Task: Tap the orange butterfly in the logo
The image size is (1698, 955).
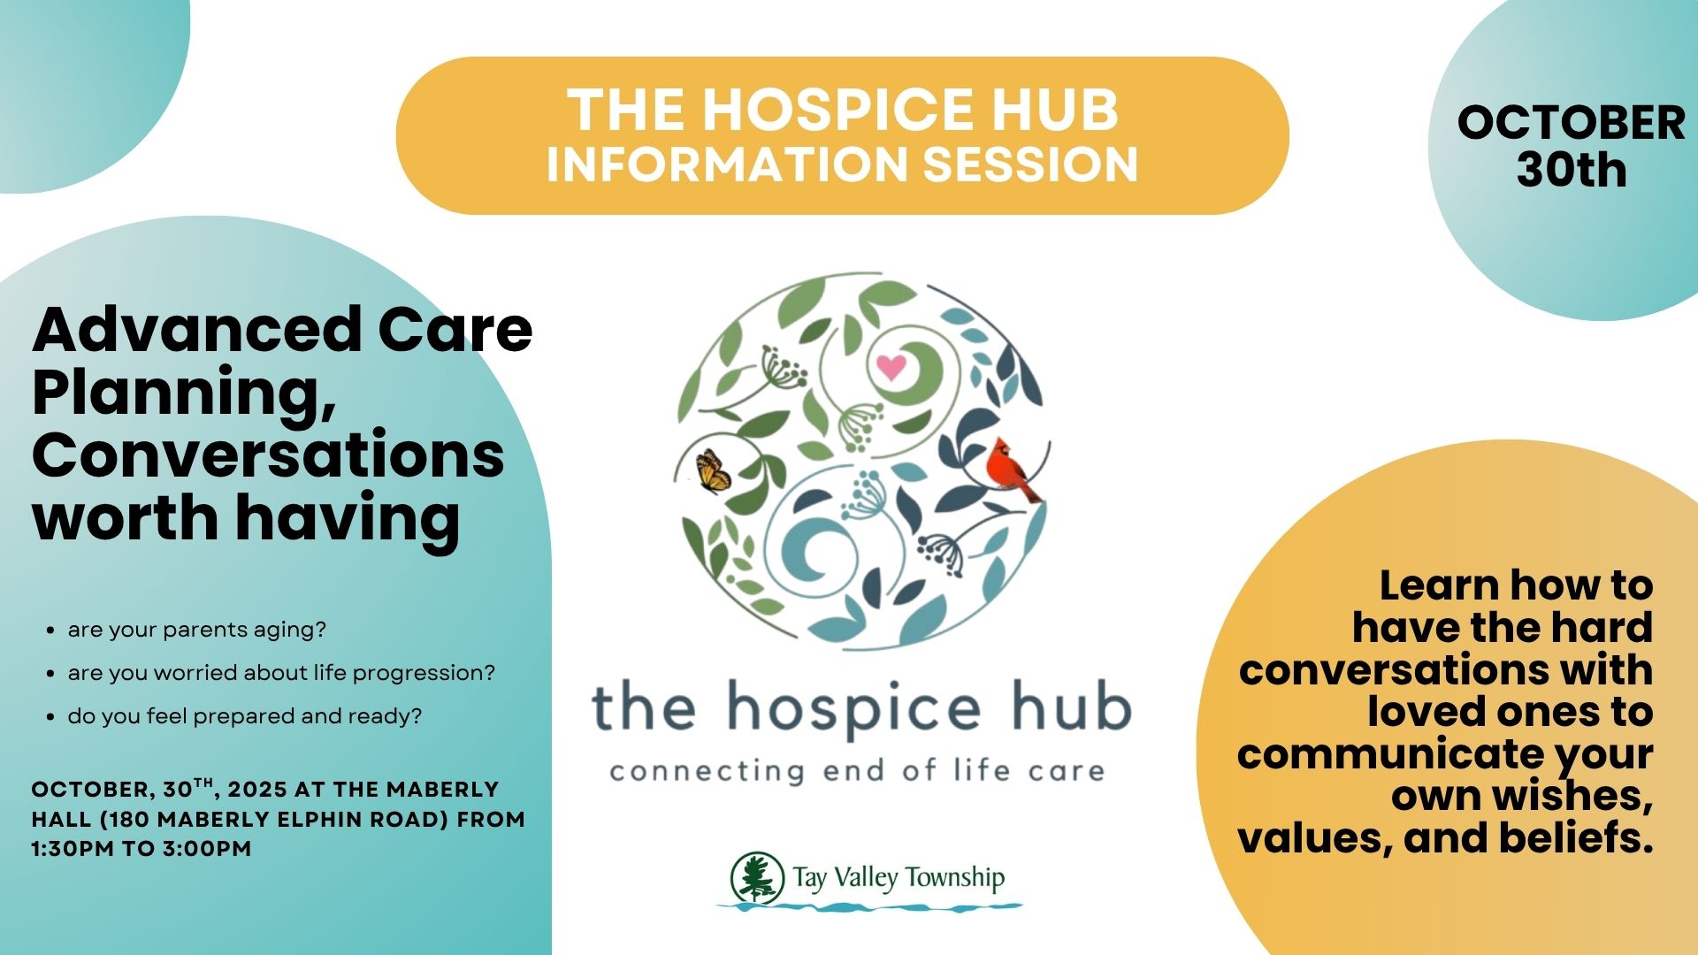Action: coord(713,470)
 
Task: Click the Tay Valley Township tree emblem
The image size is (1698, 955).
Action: coord(757,878)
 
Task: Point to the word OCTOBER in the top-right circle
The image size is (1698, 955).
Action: coord(1572,122)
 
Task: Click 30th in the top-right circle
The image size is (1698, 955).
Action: coord(1572,170)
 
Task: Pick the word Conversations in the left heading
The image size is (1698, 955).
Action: coord(268,455)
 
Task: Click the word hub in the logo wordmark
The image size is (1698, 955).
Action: coord(1071,708)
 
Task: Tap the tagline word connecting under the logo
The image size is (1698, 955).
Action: coord(707,772)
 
